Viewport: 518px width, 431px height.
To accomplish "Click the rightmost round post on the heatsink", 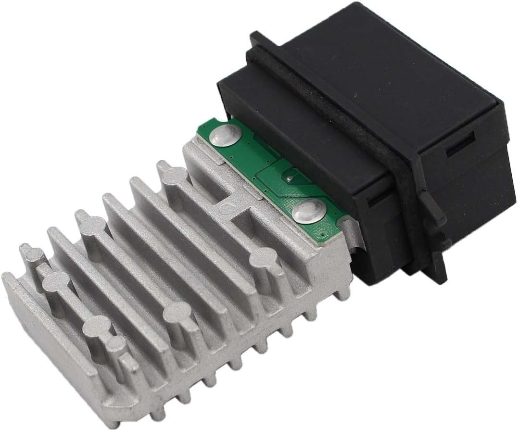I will (x=262, y=257).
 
